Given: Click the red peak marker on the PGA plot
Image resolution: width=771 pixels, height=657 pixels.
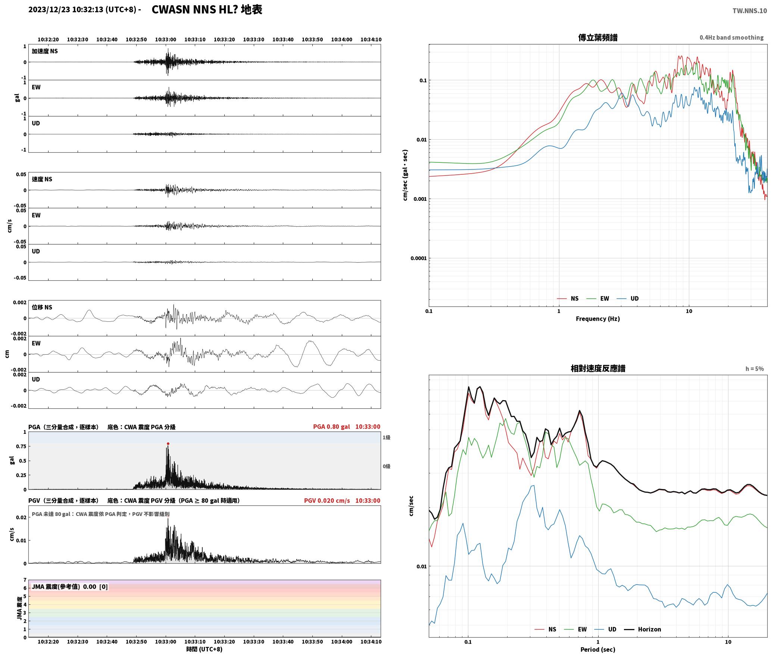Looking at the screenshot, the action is pyautogui.click(x=168, y=443).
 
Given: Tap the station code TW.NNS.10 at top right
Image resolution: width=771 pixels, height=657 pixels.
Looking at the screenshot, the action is pyautogui.click(x=749, y=10).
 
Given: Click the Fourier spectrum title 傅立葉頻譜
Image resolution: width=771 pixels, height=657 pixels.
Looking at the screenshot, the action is pyautogui.click(x=597, y=37).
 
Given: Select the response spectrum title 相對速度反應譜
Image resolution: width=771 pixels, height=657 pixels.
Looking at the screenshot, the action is pyautogui.click(x=598, y=368).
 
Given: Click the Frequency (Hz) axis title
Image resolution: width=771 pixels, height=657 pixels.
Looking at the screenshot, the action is pyautogui.click(x=597, y=318).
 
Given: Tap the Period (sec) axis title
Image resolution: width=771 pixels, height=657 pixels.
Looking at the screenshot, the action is pyautogui.click(x=597, y=649).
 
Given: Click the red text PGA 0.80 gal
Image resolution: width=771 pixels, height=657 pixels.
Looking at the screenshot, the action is pyautogui.click(x=331, y=426).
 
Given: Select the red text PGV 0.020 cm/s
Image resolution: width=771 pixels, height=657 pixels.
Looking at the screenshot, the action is pyautogui.click(x=327, y=500).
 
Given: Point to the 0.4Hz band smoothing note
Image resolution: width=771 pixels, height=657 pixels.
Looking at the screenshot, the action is pyautogui.click(x=731, y=37).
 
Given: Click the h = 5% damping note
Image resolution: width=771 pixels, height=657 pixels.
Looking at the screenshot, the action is pyautogui.click(x=755, y=368).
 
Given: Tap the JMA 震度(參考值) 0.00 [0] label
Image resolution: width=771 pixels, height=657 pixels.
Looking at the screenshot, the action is pyautogui.click(x=70, y=586).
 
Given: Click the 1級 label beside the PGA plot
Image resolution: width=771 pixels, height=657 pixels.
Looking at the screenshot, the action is pyautogui.click(x=386, y=437).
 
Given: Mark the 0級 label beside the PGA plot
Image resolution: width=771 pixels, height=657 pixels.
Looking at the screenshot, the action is pyautogui.click(x=386, y=466).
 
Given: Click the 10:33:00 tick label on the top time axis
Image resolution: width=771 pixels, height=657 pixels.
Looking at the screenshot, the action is pyautogui.click(x=165, y=39).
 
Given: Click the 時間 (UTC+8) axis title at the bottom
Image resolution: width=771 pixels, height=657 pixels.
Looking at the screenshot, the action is pyautogui.click(x=205, y=649).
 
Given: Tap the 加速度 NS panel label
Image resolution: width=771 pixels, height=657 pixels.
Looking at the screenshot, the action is pyautogui.click(x=45, y=51).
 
